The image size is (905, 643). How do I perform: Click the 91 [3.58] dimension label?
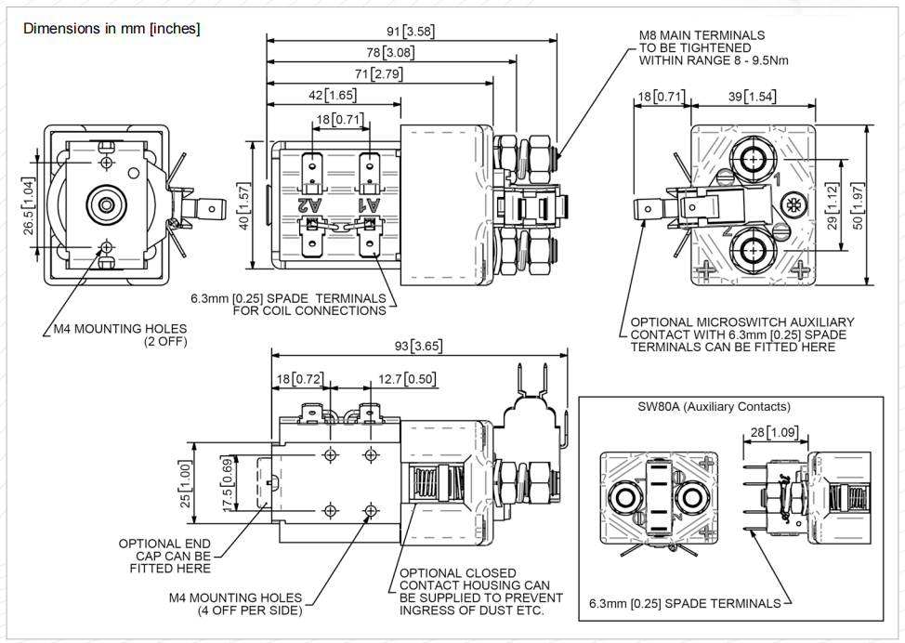(410, 32)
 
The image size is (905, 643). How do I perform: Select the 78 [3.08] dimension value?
(390, 53)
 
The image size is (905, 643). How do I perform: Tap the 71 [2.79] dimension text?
(378, 74)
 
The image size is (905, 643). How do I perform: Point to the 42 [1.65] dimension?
(332, 95)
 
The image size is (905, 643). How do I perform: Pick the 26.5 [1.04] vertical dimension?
(28, 206)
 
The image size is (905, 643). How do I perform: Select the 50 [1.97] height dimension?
(858, 206)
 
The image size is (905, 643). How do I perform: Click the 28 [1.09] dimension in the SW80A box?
(775, 432)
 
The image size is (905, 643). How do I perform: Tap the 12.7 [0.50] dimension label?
(407, 379)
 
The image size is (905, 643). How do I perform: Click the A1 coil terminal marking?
(370, 204)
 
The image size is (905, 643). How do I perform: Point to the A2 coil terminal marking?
(309, 204)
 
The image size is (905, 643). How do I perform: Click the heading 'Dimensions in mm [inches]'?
(111, 28)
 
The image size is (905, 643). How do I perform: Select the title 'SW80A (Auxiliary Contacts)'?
(714, 406)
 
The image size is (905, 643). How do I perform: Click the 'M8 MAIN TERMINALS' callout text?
(702, 35)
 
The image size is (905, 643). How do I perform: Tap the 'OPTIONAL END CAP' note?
(164, 556)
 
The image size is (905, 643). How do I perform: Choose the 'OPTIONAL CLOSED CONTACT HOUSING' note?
(480, 592)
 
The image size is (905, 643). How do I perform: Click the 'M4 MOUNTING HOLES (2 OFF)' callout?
(120, 335)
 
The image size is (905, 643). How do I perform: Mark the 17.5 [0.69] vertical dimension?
(228, 484)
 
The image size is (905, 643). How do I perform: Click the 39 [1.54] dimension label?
(752, 96)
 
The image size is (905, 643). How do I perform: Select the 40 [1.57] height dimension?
(243, 206)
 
